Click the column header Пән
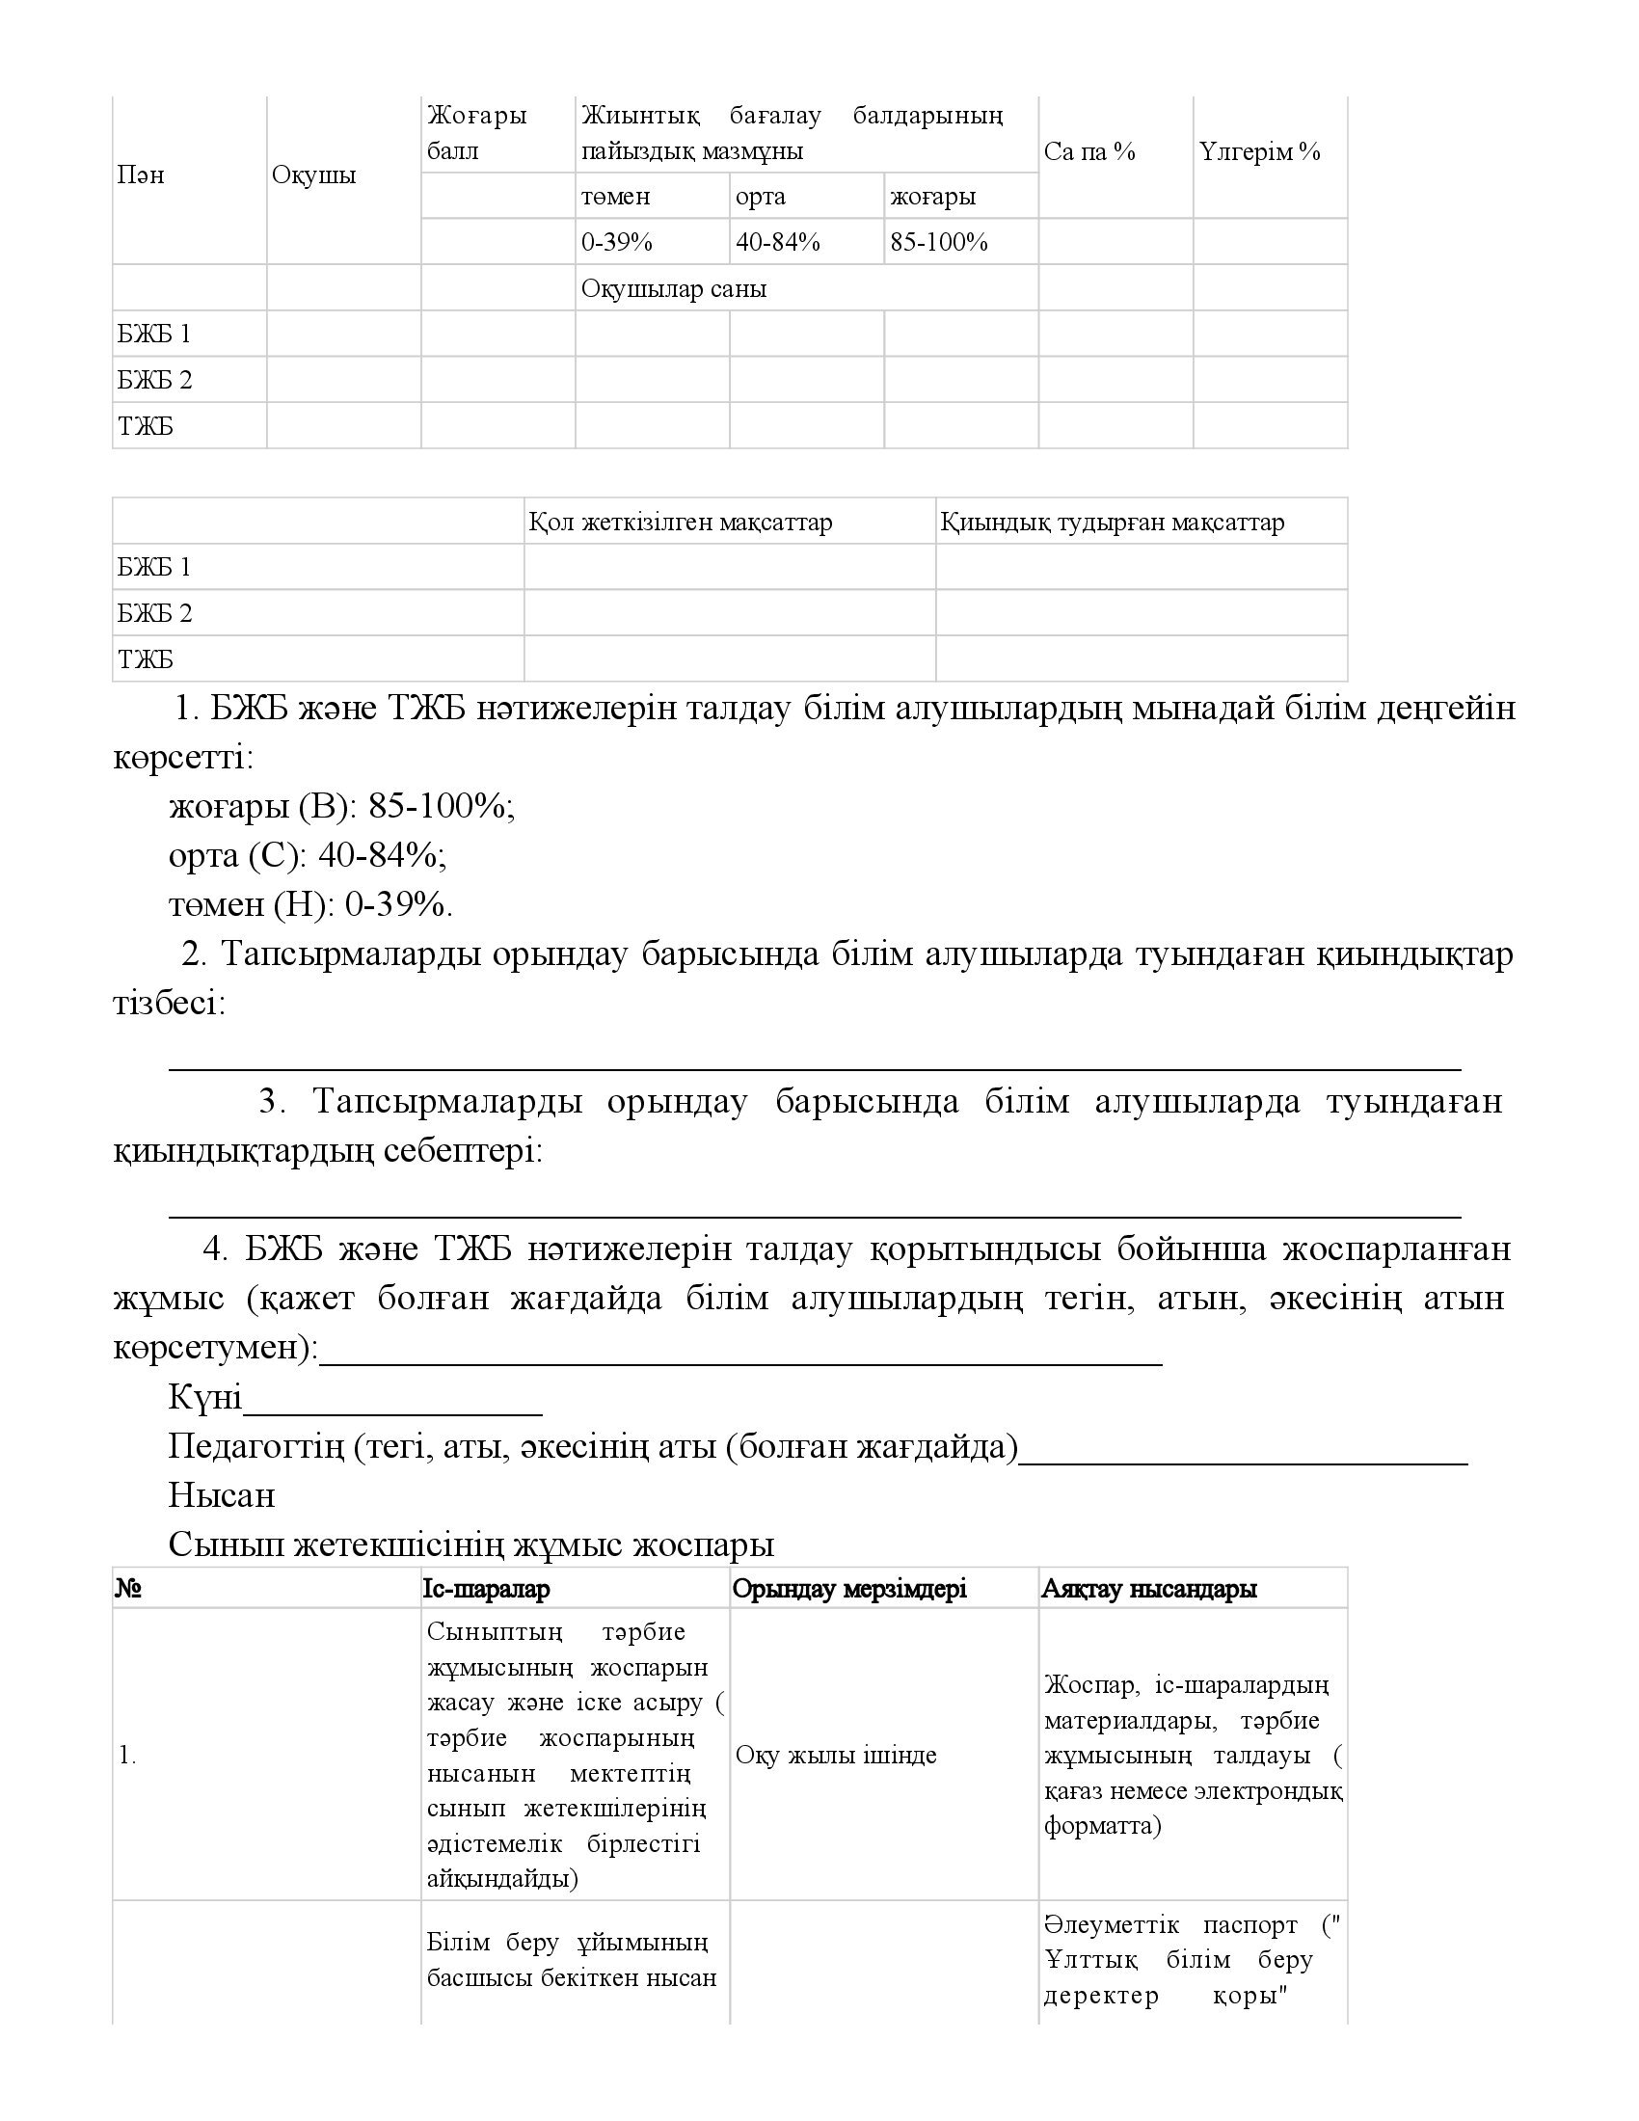pos(141,175)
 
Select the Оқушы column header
pos(313,175)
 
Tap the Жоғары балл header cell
pos(476,133)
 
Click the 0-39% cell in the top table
pos(617,242)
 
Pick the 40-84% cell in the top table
pos(778,242)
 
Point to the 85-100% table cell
pos(939,242)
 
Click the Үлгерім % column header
pos(1259,151)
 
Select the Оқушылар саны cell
pos(674,288)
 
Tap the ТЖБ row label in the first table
pos(146,426)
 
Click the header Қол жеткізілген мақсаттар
pos(681,523)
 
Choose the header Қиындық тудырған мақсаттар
pos(1112,523)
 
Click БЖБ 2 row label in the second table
pos(155,613)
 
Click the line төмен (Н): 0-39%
pos(310,904)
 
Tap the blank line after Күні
pos(392,1399)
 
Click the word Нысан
pos(222,1495)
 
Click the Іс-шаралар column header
pos(487,1589)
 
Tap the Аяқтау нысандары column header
pos(1148,1589)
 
